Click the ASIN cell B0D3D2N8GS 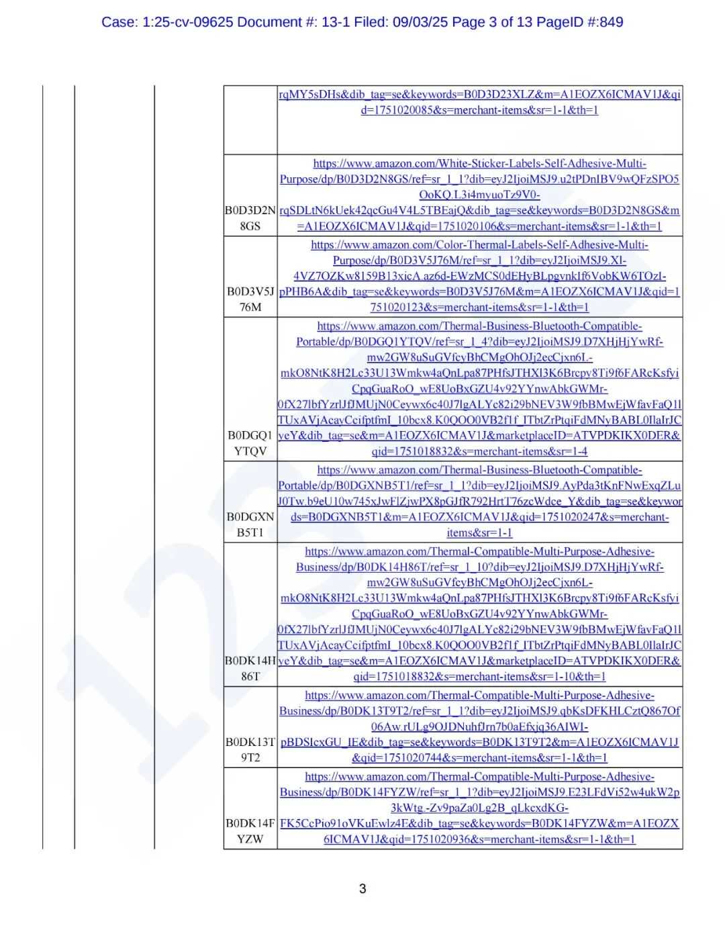click(250, 218)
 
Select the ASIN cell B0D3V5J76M click(250, 299)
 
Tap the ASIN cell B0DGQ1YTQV click(250, 443)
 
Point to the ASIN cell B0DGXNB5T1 click(250, 525)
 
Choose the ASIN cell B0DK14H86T click(250, 669)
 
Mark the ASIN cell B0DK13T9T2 click(250, 750)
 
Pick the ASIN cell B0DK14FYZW click(250, 831)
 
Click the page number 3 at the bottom click(362, 889)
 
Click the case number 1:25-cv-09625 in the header click(187, 22)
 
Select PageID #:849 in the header click(580, 22)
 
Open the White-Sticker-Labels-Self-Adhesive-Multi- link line click(479, 163)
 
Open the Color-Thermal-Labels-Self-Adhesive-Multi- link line click(479, 245)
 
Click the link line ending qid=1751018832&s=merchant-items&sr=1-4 click(479, 452)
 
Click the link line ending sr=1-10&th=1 click(479, 677)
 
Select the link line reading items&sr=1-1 click(479, 532)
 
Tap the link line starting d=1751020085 click(479, 110)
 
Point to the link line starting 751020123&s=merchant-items click(479, 308)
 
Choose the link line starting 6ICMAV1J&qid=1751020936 click(479, 839)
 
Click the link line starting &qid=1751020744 click(479, 758)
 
